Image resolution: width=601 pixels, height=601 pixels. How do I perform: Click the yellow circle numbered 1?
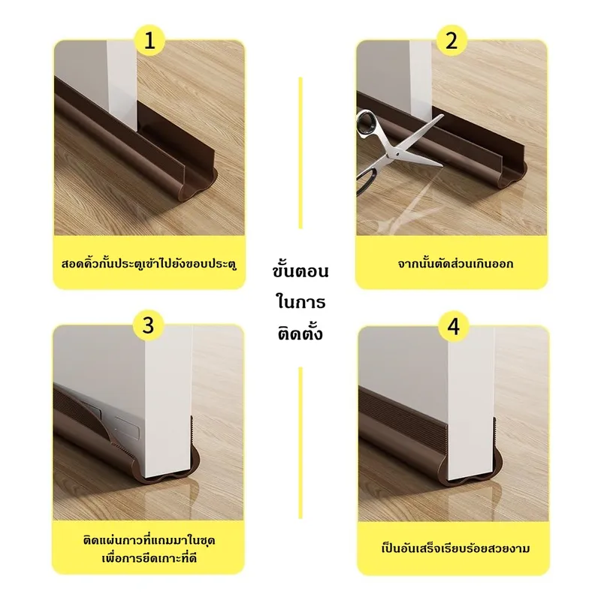(149, 41)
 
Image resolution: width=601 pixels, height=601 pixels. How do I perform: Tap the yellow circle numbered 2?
(452, 41)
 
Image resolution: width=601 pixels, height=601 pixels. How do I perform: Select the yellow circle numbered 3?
(148, 326)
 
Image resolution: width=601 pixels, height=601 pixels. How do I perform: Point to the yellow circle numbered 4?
(454, 327)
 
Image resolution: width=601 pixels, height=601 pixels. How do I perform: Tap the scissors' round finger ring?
(368, 122)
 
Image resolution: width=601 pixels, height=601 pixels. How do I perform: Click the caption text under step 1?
(149, 264)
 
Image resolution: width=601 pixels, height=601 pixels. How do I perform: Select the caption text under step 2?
(455, 264)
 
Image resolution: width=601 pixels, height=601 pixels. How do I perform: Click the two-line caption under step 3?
(149, 549)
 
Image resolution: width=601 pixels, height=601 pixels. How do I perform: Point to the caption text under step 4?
(455, 548)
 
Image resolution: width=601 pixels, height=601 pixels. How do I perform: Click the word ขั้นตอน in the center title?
(300, 270)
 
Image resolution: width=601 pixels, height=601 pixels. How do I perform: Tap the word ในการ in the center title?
(300, 301)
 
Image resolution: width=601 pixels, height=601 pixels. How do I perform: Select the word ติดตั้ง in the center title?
(300, 332)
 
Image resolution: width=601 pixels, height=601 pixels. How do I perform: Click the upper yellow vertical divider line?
(300, 153)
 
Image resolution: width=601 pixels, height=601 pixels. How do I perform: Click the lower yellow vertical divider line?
(300, 443)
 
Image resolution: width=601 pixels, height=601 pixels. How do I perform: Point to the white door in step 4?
(471, 403)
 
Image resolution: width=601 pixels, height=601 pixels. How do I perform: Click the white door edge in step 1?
(121, 88)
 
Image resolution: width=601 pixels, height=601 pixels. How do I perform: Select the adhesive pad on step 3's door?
(127, 427)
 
